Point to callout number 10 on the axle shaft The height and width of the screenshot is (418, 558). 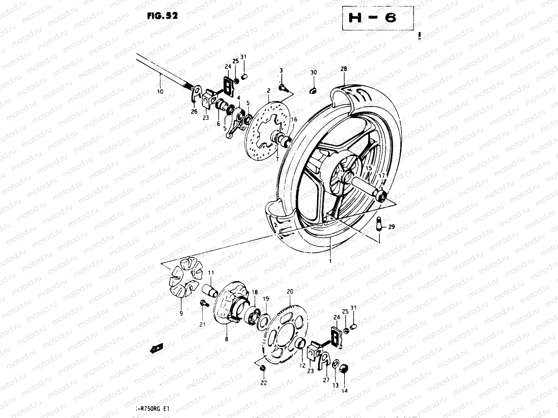[160, 92]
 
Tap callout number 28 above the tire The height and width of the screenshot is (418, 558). [344, 69]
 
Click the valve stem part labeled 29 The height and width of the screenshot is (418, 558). [380, 224]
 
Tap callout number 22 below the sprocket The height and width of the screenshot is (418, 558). [263, 383]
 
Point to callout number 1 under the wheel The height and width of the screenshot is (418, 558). [330, 260]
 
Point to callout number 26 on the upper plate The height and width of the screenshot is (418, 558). [194, 111]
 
